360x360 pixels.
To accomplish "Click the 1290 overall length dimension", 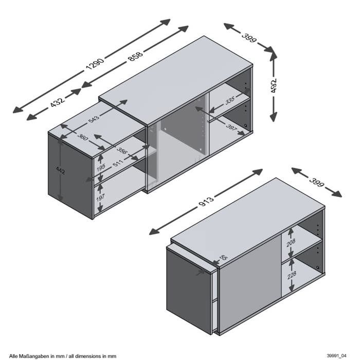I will pos(95,64).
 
